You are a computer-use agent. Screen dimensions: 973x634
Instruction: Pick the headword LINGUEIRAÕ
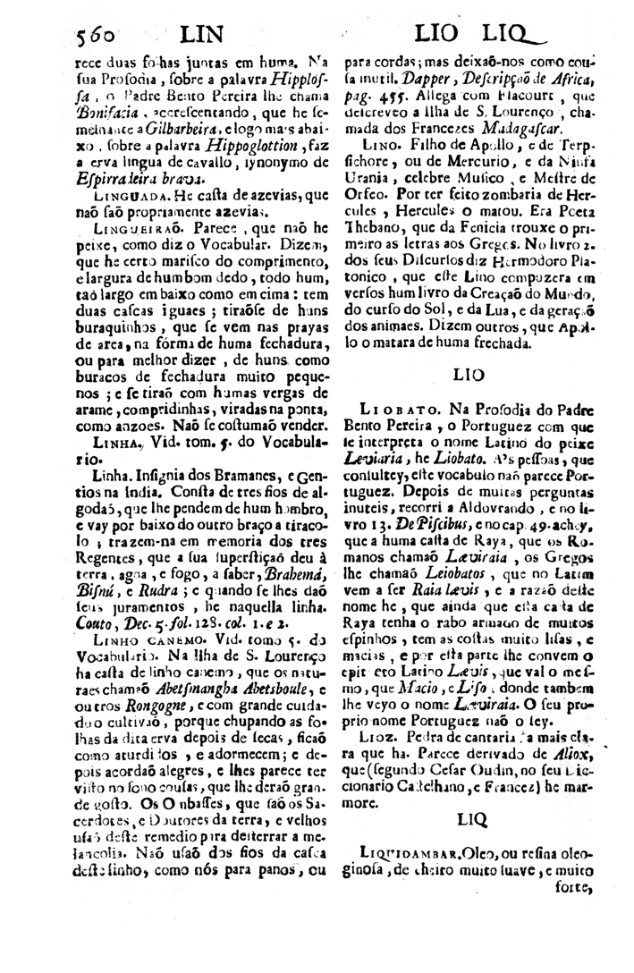point(126,228)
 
